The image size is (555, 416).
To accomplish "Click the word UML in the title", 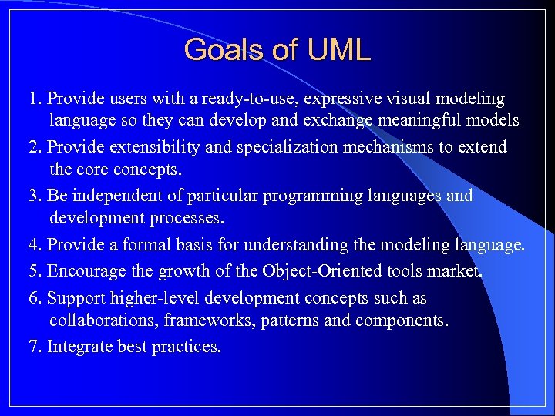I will tap(338, 50).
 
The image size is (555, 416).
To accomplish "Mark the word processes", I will tap(184, 218).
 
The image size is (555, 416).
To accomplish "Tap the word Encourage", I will tap(85, 271).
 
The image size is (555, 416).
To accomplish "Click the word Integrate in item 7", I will tap(80, 347).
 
